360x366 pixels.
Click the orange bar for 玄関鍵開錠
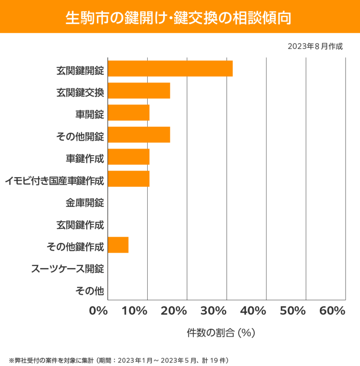pyautogui.click(x=170, y=68)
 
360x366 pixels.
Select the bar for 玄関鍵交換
pyautogui.click(x=139, y=91)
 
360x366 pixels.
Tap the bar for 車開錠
pyautogui.click(x=128, y=113)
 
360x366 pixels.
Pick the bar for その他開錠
pyautogui.click(x=139, y=135)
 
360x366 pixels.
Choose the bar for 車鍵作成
pyautogui.click(x=128, y=157)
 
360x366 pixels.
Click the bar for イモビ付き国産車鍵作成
pyautogui.click(x=128, y=179)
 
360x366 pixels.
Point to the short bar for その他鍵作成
pyautogui.click(x=118, y=245)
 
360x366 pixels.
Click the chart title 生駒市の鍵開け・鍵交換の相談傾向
pyautogui.click(x=179, y=18)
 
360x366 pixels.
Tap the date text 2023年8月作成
pyautogui.click(x=315, y=46)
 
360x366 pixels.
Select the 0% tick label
pyautogui.click(x=99, y=311)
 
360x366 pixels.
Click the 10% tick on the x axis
pyautogui.click(x=135, y=311)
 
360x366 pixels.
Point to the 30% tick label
pyautogui.click(x=214, y=311)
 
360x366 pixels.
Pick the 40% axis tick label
pyautogui.click(x=253, y=311)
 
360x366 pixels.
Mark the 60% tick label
pyautogui.click(x=332, y=311)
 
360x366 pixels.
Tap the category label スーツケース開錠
pyautogui.click(x=68, y=269)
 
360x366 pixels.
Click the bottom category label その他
pyautogui.click(x=89, y=290)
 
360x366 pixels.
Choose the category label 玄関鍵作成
pyautogui.click(x=80, y=225)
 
